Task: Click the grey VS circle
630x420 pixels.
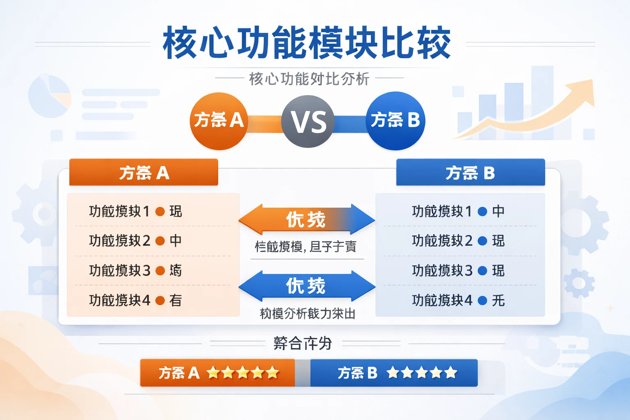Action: point(308,121)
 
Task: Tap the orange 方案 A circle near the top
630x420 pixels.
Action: point(219,121)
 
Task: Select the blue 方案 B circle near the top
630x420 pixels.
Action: point(395,121)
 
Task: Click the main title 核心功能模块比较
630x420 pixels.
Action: point(307,43)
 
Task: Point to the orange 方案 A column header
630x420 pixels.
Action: point(144,173)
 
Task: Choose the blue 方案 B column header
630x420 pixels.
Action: point(470,173)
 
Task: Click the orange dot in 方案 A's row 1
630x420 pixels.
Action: point(160,212)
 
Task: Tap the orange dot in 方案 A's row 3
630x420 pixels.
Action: point(160,271)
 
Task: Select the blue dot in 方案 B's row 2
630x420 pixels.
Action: point(483,241)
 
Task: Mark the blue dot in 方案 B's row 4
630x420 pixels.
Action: point(483,301)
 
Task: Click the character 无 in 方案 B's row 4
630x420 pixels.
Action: point(498,301)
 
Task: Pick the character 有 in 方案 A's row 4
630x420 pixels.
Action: point(176,301)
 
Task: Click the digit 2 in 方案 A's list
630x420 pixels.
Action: point(146,241)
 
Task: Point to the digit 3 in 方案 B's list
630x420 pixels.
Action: point(468,271)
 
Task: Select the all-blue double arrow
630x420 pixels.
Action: point(306,286)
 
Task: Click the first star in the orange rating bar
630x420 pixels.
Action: point(213,373)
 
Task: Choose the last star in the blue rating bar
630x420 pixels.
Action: point(451,373)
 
